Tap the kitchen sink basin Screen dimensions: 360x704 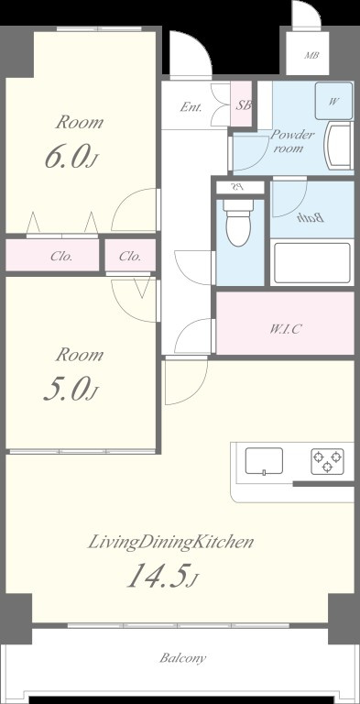[264, 461]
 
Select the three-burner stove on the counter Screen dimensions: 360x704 [328, 461]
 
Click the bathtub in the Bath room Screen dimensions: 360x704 [312, 264]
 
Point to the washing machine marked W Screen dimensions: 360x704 [333, 101]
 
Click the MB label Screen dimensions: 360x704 [311, 56]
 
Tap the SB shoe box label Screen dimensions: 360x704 [244, 106]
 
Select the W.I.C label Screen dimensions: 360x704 [285, 329]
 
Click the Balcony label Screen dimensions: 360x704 [183, 659]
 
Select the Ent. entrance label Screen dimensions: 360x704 [191, 107]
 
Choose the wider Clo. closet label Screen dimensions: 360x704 [62, 257]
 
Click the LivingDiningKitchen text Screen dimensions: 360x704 [170, 542]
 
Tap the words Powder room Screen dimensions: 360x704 [292, 141]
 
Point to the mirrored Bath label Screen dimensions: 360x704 [311, 218]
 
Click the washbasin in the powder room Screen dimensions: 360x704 [340, 147]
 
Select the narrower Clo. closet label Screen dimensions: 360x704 [130, 257]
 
